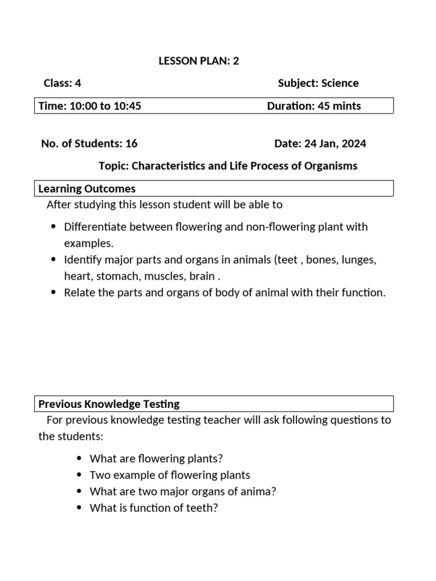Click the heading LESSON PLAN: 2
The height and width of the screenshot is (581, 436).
199,61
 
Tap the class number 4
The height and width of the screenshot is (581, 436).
78,83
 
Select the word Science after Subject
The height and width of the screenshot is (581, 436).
340,83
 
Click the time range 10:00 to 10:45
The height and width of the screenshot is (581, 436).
105,106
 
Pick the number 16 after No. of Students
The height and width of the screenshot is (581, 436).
131,144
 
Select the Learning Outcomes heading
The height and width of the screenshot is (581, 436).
87,189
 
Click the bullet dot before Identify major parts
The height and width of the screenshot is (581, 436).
53,260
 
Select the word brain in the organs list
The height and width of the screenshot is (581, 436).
203,276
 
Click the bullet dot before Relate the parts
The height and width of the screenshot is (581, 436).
53,293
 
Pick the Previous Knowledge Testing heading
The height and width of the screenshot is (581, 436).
109,404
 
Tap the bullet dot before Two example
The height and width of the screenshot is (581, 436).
79,475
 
